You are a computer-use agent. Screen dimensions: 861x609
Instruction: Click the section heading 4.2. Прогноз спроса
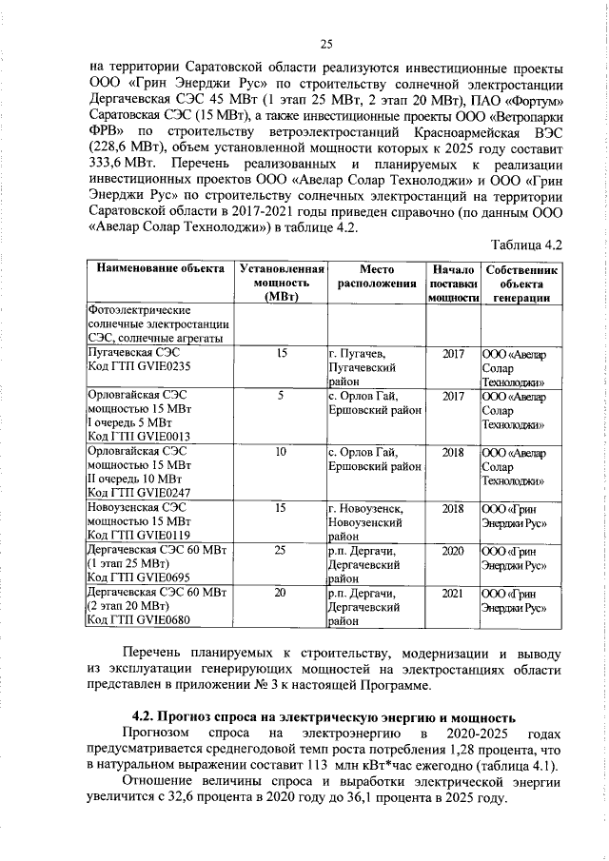[324, 716]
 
